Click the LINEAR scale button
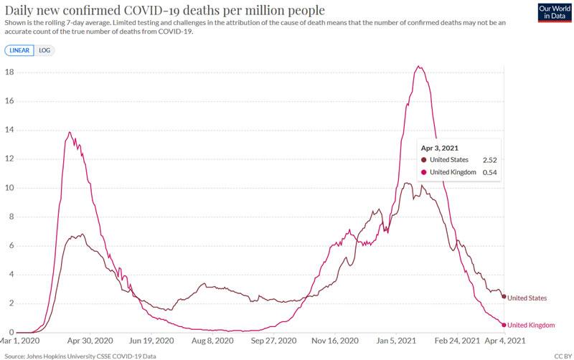coord(19,50)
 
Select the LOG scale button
coord(44,50)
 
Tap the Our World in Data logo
coord(553,13)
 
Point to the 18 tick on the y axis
coord(11,72)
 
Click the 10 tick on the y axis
coord(11,188)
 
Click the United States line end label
coord(527,298)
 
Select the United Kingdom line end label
coord(530,325)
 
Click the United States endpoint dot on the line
coord(504,296)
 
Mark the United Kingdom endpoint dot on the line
coord(504,325)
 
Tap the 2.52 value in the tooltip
coord(490,160)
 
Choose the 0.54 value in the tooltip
coord(490,173)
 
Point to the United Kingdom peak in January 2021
coord(418,67)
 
